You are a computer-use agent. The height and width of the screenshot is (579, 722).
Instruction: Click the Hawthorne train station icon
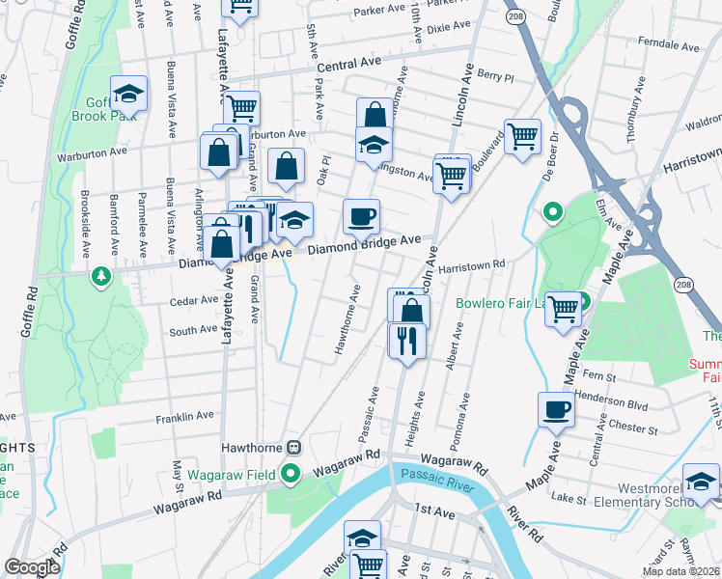click(x=293, y=448)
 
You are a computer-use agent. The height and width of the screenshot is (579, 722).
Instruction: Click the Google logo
click(x=32, y=567)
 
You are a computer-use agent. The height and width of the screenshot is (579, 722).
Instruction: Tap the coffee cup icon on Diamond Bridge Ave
click(x=361, y=217)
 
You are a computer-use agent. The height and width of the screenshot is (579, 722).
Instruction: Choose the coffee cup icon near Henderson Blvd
click(x=555, y=409)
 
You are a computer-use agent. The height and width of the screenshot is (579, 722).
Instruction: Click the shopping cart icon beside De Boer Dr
click(x=522, y=136)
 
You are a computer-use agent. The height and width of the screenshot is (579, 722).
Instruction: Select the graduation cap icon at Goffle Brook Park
click(x=128, y=94)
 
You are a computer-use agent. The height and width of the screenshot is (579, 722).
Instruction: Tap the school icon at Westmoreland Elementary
click(x=701, y=482)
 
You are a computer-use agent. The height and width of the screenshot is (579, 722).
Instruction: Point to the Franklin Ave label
click(x=184, y=417)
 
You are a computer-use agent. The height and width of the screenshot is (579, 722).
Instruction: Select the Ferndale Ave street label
click(x=668, y=42)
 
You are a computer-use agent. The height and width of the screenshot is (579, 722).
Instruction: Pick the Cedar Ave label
click(x=193, y=301)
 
